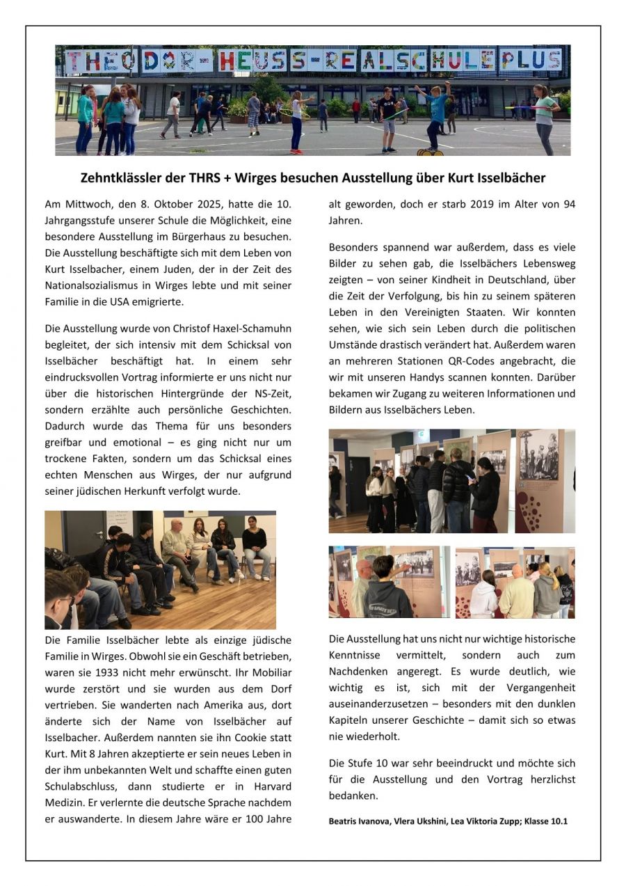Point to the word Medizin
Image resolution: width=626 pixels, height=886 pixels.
(64, 802)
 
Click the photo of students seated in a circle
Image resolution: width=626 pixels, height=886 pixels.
(160, 570)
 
